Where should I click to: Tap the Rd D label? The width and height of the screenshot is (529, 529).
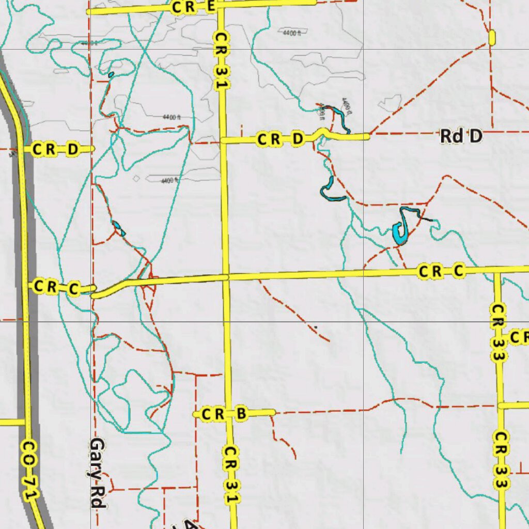(461, 136)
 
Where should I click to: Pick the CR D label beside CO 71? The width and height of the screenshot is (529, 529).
(55, 149)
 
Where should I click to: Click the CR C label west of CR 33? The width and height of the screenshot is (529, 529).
(442, 271)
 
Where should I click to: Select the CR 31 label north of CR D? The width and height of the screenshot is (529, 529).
(221, 61)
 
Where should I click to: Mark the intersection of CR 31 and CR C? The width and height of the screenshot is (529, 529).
(226, 277)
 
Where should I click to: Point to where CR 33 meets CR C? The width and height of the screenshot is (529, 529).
(497, 270)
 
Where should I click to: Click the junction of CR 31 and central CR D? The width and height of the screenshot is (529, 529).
(223, 140)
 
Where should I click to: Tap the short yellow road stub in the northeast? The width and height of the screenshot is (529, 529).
(491, 37)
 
